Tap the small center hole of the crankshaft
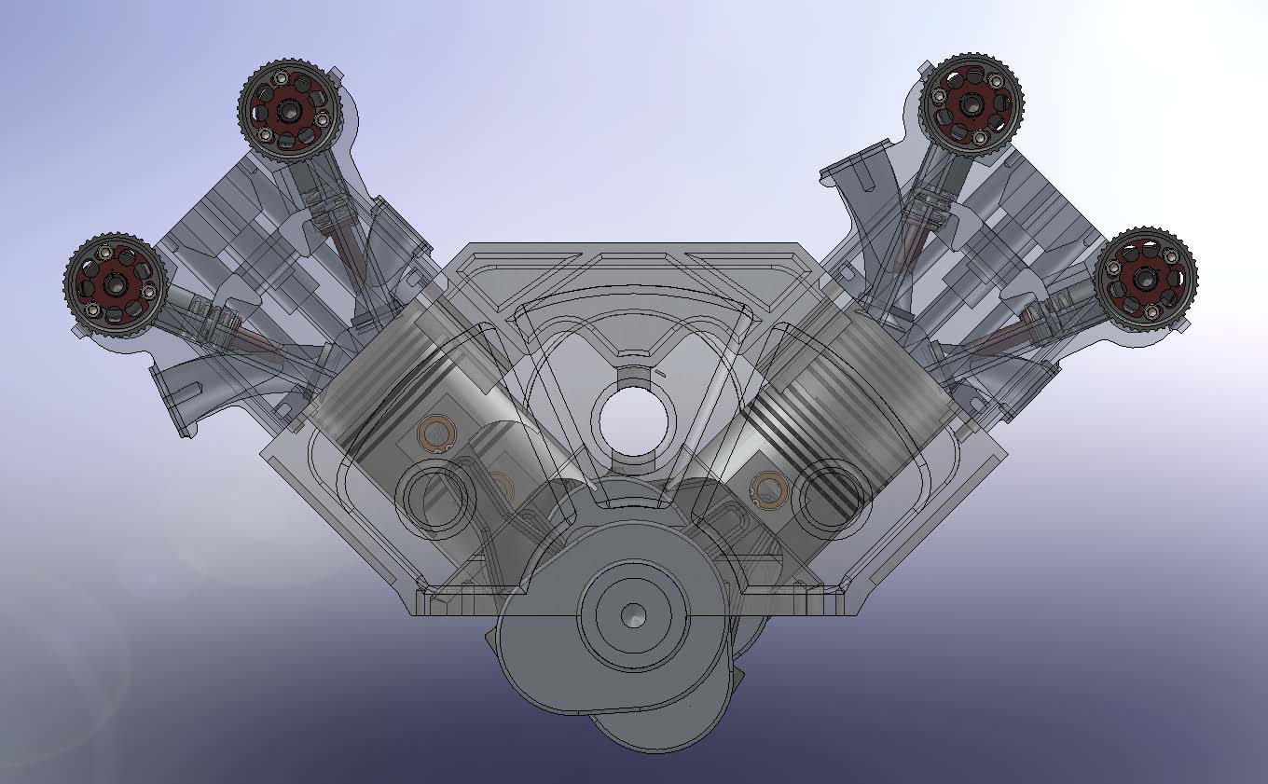pyautogui.click(x=634, y=614)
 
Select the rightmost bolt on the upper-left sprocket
pyautogui.click(x=323, y=119)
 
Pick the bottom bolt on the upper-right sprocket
pyautogui.click(x=980, y=139)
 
